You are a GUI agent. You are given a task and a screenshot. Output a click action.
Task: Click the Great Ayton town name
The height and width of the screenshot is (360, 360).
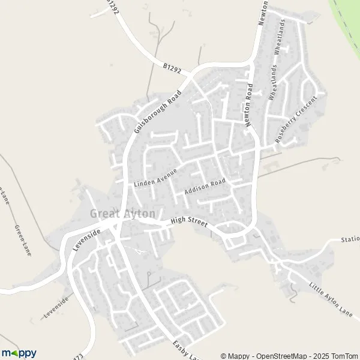123,214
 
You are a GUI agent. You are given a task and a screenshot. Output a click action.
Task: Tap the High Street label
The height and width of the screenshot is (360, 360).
188,223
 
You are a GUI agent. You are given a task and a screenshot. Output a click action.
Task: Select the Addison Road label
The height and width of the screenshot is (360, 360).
205,187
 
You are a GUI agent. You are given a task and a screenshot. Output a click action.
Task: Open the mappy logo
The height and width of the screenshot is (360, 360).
19,353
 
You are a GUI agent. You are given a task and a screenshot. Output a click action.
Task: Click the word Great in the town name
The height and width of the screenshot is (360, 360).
103,214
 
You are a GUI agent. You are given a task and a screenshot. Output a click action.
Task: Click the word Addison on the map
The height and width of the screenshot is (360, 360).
196,190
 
